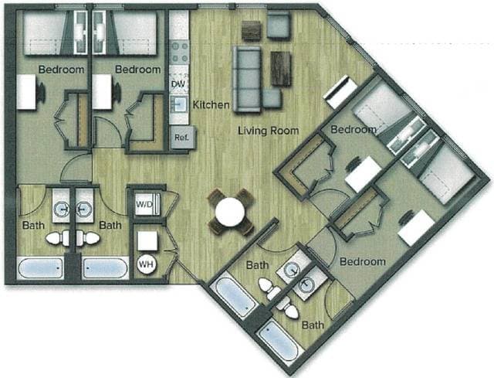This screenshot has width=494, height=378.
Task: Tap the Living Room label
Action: tap(268, 131)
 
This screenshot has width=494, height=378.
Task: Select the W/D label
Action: tap(144, 205)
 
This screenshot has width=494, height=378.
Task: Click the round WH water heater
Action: tap(146, 264)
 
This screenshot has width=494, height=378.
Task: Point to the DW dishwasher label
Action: tap(177, 83)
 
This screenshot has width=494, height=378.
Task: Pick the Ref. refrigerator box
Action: tap(181, 138)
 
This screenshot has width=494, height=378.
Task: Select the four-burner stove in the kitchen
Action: tap(180, 51)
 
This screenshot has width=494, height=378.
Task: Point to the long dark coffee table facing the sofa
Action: tap(281, 68)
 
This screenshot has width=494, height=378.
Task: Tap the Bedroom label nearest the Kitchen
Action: tap(137, 70)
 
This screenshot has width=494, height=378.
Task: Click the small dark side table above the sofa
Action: tap(252, 30)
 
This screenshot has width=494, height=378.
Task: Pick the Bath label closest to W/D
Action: tap(111, 226)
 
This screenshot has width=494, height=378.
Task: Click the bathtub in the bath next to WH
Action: tap(105, 269)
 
